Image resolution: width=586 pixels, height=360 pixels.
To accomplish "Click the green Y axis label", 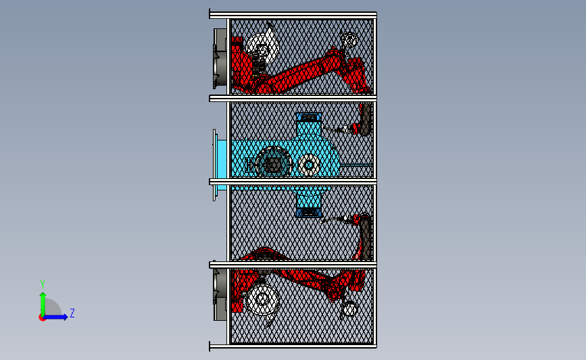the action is (x=43, y=284).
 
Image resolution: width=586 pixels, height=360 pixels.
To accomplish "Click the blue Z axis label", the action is (x=72, y=313).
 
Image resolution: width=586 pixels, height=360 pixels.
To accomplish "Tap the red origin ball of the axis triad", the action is (x=42, y=318).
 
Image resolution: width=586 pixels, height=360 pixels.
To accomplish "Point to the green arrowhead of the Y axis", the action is (x=43, y=296).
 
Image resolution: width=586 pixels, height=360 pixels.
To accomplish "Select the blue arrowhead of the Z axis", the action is (x=65, y=317).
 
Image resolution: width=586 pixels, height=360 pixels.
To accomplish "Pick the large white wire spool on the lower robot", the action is (x=263, y=300).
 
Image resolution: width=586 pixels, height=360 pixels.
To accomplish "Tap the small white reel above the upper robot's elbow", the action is (x=350, y=40).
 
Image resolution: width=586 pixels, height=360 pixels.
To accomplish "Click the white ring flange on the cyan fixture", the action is (x=309, y=164).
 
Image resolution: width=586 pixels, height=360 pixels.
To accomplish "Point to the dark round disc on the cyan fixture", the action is (x=274, y=161).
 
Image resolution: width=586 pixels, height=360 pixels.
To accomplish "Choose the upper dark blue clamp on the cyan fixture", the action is (x=309, y=118).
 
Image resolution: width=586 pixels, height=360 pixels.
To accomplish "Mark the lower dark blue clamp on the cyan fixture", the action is (x=309, y=213).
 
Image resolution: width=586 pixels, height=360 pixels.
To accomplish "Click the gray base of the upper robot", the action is (x=220, y=58).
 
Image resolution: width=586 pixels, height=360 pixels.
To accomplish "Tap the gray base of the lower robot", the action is (x=220, y=291).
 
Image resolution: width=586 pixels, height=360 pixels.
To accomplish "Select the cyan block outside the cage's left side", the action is (x=222, y=165).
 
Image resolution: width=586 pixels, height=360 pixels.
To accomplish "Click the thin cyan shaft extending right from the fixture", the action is (x=356, y=164).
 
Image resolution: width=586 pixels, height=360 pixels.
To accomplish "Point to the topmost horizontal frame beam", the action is (x=293, y=15).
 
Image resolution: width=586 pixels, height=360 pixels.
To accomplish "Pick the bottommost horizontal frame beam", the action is (x=293, y=346).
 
